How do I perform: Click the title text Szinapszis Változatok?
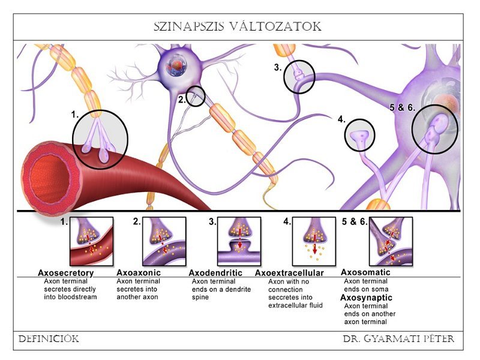[x=238, y=27]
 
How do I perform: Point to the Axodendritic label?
[x=215, y=272]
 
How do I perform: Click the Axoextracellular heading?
[x=289, y=273]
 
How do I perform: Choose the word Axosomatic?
[x=365, y=272]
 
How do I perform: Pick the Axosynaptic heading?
[x=366, y=298]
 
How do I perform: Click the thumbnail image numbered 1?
[x=92, y=241]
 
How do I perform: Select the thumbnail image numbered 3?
[x=239, y=241]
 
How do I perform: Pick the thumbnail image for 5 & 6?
[x=389, y=241]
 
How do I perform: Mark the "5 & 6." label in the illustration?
[x=403, y=108]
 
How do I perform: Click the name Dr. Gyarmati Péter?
[x=398, y=340]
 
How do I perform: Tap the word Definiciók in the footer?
[x=49, y=340]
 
